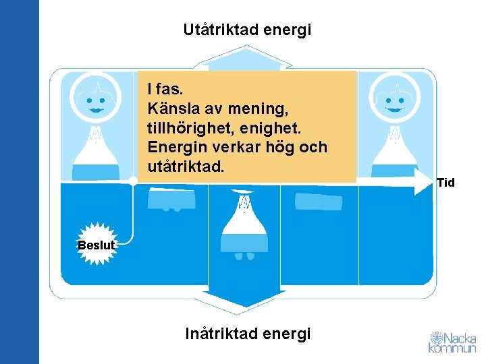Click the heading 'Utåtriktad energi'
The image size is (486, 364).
(247, 30)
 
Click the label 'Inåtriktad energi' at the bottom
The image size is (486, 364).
(248, 334)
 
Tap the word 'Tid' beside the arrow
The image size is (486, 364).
(446, 183)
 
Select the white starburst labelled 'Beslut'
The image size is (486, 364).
(96, 245)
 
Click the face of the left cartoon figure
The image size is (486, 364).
(97, 102)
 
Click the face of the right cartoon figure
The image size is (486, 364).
(394, 101)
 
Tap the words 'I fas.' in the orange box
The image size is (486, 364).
(165, 89)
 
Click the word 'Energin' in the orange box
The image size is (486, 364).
(172, 147)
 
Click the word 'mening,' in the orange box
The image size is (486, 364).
(261, 109)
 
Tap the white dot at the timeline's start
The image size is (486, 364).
(133, 181)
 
